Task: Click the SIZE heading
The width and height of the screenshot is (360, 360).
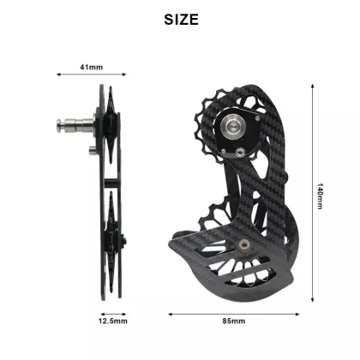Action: (x=180, y=19)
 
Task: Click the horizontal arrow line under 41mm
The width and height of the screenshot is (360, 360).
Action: (x=87, y=76)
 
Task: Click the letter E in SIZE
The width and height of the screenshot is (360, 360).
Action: (x=196, y=19)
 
